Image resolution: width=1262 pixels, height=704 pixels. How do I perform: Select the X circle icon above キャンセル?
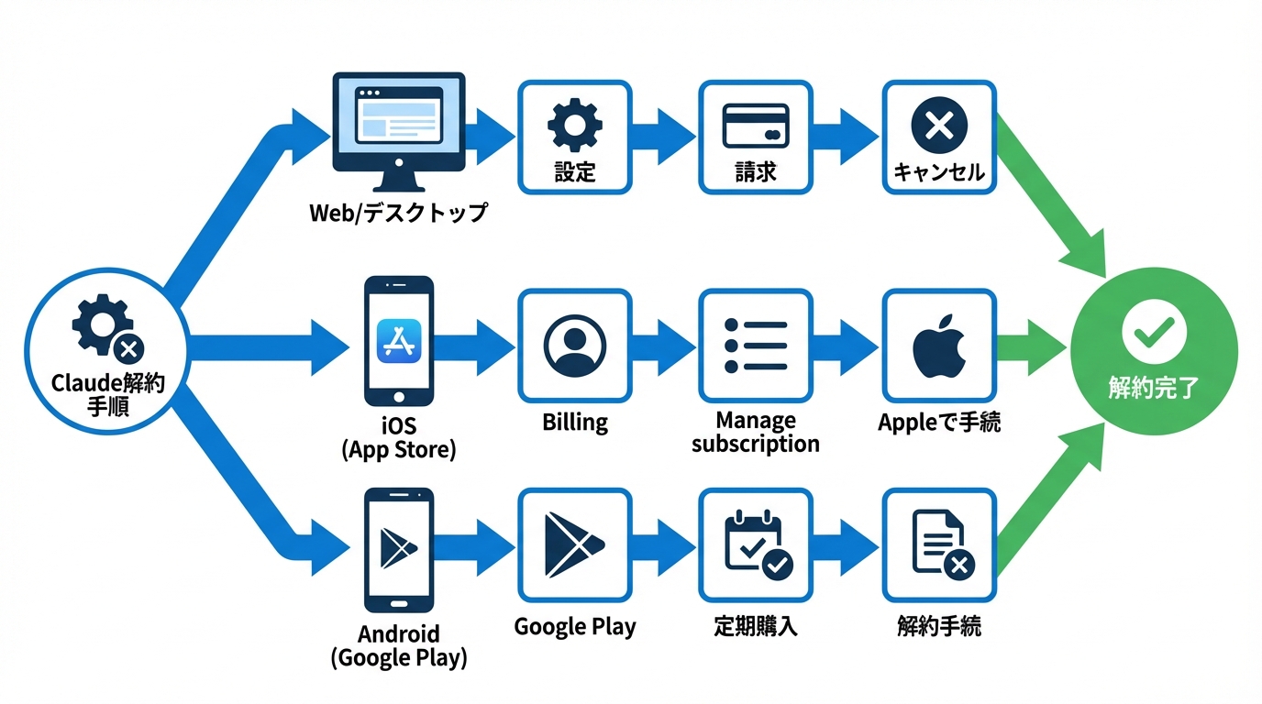938,125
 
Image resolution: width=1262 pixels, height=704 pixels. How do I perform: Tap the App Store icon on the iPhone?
399,341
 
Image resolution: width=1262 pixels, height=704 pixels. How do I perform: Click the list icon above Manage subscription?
756,346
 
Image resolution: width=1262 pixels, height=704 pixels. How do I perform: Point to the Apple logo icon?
938,346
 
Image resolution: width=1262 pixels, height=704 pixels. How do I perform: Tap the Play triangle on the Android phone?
398,548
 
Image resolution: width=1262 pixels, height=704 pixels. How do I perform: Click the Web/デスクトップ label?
398,214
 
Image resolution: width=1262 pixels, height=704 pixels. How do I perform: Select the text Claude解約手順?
108,395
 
